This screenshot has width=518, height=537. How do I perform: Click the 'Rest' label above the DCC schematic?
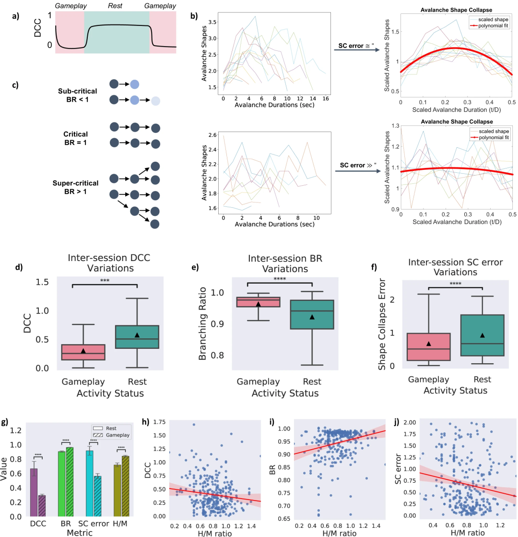[116, 5]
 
